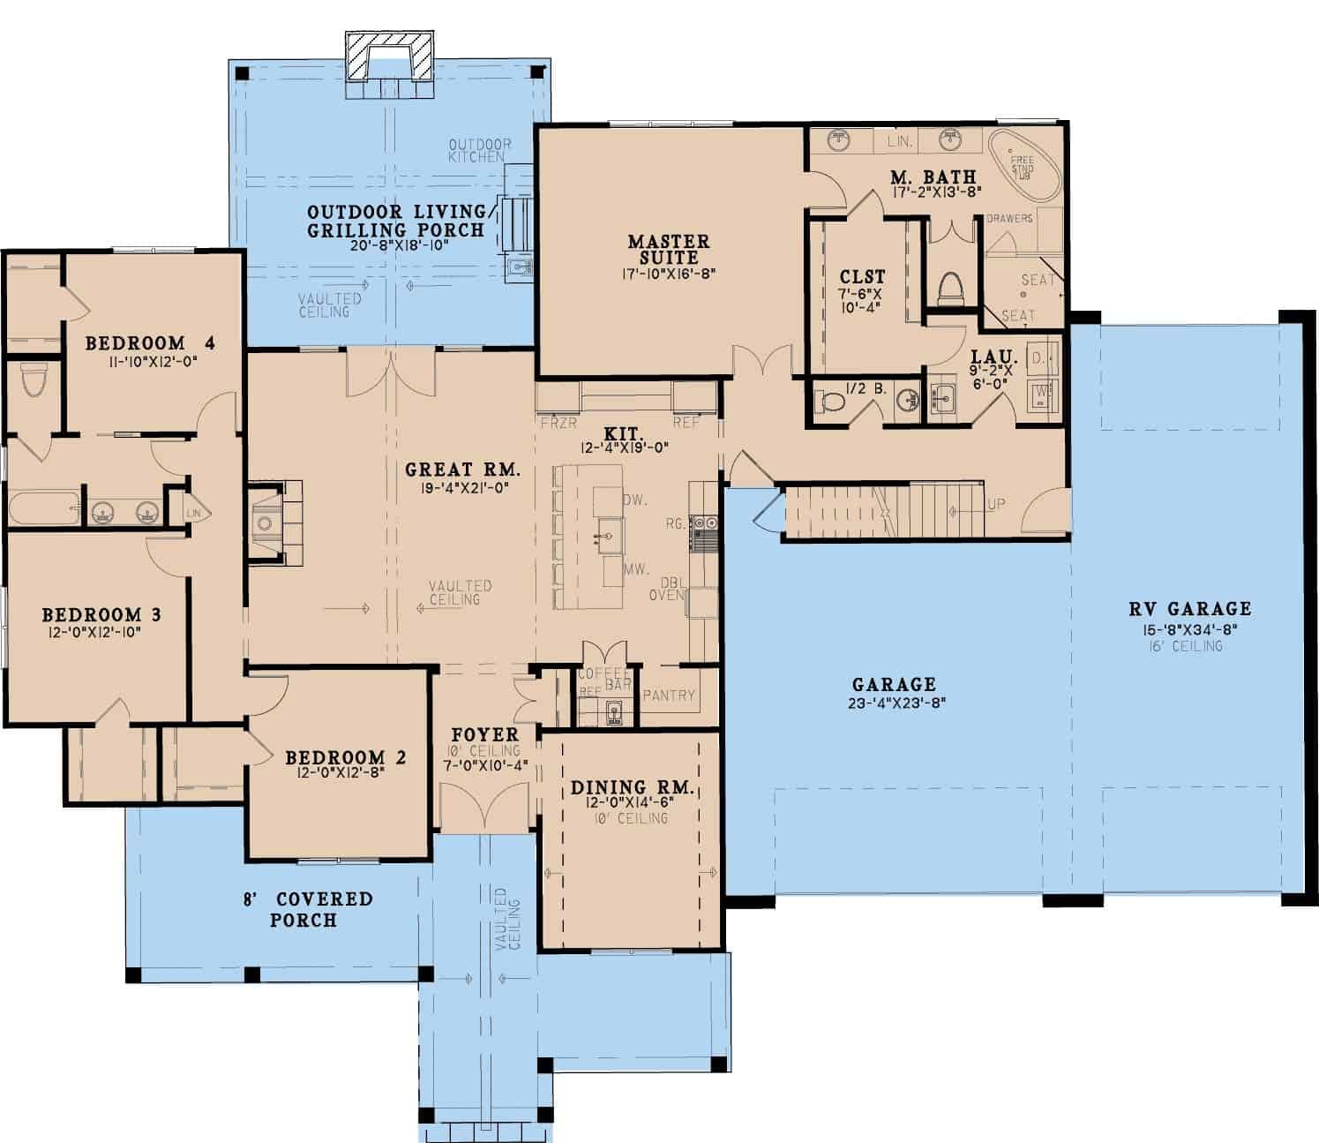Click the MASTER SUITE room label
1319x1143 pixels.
tap(668, 250)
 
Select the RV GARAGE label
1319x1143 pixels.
tap(1189, 608)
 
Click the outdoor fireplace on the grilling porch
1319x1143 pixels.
tap(391, 56)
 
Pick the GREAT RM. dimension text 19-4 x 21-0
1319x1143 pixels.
tap(457, 487)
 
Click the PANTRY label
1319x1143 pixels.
tap(669, 696)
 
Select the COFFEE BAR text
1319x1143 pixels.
tap(604, 679)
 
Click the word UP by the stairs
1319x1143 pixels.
tap(996, 505)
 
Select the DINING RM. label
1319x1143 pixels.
tap(632, 787)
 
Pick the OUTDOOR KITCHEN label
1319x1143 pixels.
tap(479, 150)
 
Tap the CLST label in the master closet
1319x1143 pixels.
tap(861, 277)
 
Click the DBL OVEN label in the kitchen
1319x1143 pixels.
tap(672, 589)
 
